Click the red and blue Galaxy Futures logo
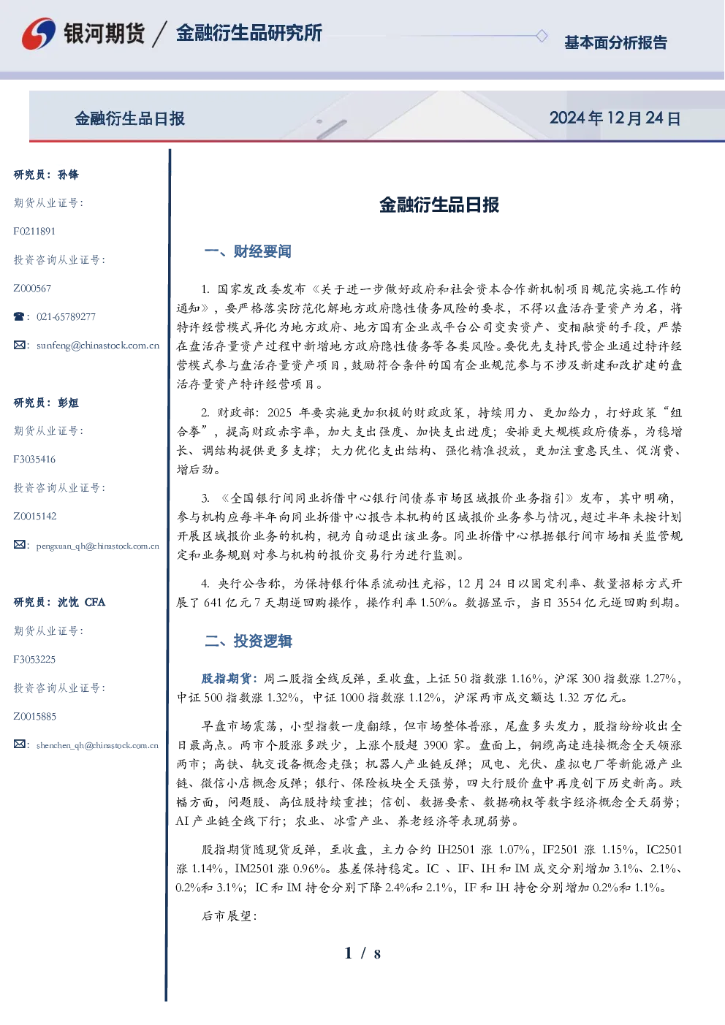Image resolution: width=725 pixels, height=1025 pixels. click(39, 34)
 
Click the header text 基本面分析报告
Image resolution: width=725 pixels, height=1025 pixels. click(615, 42)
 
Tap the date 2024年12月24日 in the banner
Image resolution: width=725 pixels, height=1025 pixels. click(615, 118)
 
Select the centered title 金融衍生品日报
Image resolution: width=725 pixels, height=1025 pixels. click(439, 205)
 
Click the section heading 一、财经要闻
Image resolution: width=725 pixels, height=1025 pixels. click(248, 251)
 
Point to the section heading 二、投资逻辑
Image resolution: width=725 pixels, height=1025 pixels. click(248, 641)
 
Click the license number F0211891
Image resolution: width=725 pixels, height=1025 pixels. click(34, 231)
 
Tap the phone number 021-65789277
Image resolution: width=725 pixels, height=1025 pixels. click(66, 316)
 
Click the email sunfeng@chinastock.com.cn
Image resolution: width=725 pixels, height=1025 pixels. click(98, 346)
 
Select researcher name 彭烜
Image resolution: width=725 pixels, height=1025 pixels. click(68, 403)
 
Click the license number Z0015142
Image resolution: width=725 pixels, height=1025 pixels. click(35, 517)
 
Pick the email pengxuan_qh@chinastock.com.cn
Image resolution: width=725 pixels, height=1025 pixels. click(97, 546)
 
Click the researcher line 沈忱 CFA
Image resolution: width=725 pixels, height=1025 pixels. click(81, 602)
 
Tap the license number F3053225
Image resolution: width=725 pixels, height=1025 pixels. click(34, 660)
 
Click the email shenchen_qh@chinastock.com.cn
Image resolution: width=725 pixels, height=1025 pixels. click(97, 745)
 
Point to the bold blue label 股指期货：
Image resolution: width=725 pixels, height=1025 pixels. click(230, 678)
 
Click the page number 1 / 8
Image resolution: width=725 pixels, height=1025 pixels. click(362, 953)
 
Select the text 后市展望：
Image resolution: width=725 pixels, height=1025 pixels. click(229, 915)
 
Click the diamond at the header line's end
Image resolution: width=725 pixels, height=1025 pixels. click(542, 36)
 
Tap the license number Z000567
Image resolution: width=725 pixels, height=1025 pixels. click(32, 289)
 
